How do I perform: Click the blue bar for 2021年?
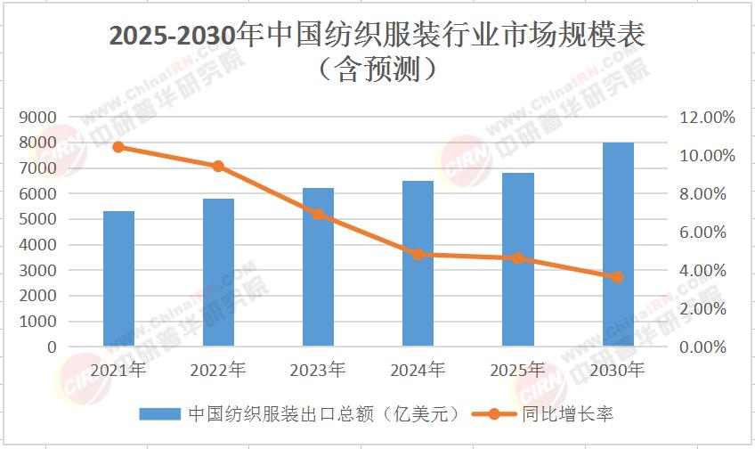click(x=118, y=278)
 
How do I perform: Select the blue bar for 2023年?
click(x=318, y=266)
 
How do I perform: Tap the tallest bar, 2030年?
click(x=618, y=243)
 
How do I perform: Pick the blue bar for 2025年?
click(x=517, y=259)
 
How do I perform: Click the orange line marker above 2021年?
click(x=118, y=147)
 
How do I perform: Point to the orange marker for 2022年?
click(x=218, y=166)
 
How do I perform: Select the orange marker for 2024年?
click(x=418, y=254)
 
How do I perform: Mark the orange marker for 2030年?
click(x=618, y=277)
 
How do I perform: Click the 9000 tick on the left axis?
click(x=38, y=117)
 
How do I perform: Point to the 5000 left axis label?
click(x=38, y=219)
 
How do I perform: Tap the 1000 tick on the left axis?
click(x=38, y=321)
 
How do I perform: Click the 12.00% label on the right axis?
click(x=709, y=117)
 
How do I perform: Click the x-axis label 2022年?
click(x=218, y=369)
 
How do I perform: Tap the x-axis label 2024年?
click(x=418, y=369)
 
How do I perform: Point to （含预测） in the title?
click(x=377, y=69)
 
